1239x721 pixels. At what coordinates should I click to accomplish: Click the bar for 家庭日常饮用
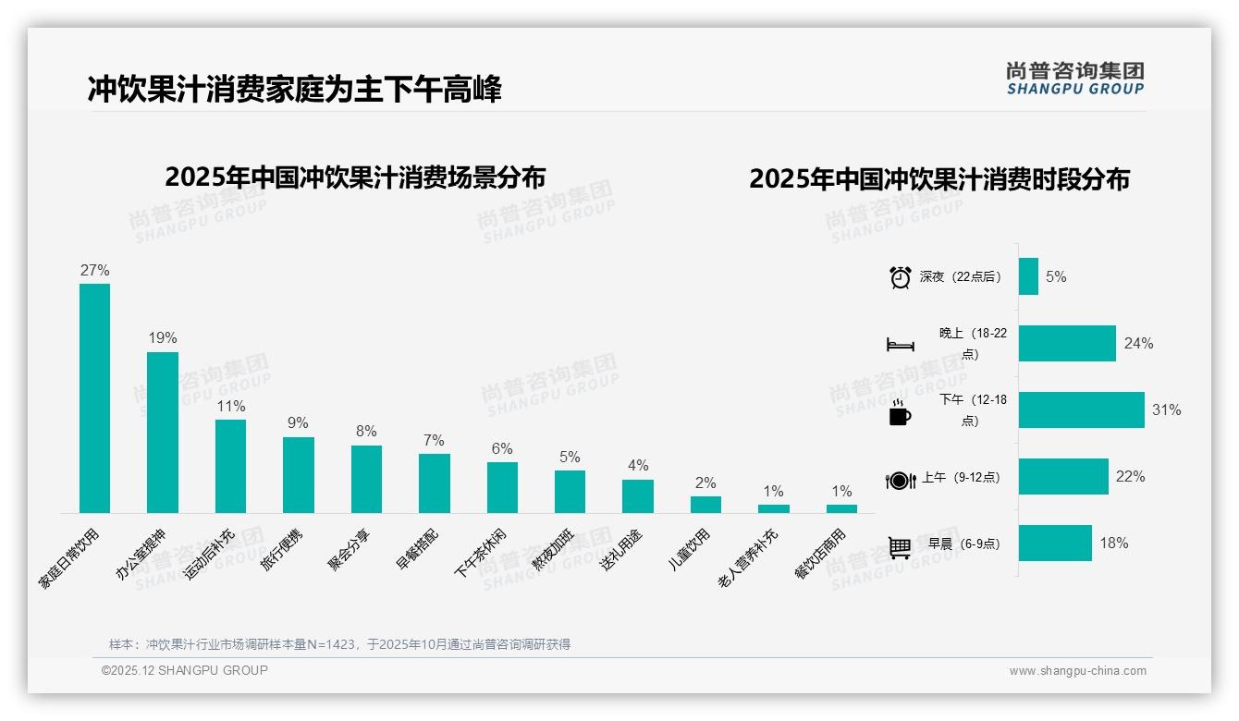pos(94,397)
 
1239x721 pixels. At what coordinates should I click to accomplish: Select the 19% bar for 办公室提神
pos(163,432)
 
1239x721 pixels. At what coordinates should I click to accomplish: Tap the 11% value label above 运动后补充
pos(230,406)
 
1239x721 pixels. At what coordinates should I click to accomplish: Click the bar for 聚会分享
pos(366,479)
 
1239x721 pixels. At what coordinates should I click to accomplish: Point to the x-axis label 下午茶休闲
pos(480,553)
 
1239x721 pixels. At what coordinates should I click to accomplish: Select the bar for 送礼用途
pos(638,496)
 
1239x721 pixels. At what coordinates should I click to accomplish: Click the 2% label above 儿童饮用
pos(705,483)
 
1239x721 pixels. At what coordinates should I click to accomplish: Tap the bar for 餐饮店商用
pos(841,508)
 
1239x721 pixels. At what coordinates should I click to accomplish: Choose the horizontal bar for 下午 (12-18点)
pos(1081,409)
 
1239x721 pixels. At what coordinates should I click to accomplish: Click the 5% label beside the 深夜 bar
pos(1056,276)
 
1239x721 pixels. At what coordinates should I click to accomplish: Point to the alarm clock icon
pos(900,277)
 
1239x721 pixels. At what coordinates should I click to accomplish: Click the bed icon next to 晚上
pos(900,345)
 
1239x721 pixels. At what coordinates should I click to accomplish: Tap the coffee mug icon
pos(900,413)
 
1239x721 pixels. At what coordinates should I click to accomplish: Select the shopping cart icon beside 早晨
pos(900,547)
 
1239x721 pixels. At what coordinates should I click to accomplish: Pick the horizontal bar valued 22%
pos(1063,476)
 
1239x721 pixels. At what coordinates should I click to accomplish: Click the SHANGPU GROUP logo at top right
pos(1074,79)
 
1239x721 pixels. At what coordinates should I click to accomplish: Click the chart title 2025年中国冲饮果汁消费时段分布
pos(939,179)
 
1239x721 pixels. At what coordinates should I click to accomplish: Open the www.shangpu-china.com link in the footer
pos(1077,671)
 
